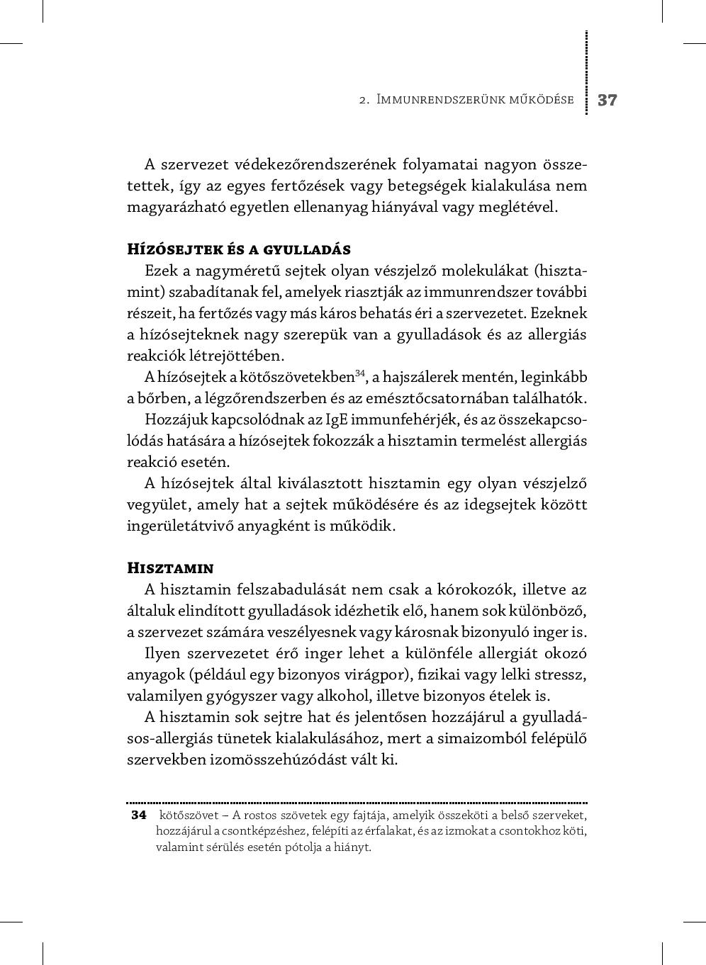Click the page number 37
point(607,100)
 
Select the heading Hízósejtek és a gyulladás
point(239,249)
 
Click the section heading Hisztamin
point(170,568)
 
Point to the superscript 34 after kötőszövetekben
point(359,373)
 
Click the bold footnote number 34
point(139,815)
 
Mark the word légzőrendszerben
point(266,399)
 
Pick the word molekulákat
point(488,271)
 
